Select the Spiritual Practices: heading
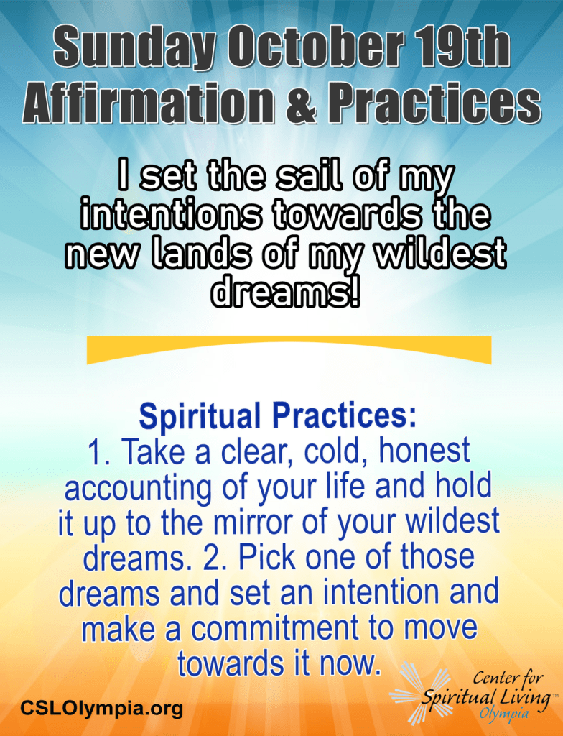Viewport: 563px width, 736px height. pyautogui.click(x=278, y=416)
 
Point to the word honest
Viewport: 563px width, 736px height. pyautogui.click(x=424, y=451)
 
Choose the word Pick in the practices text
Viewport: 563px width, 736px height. pyautogui.click(x=267, y=557)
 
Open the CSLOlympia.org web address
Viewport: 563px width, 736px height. pyautogui.click(x=101, y=707)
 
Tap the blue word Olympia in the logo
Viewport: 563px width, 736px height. pyautogui.click(x=503, y=714)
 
